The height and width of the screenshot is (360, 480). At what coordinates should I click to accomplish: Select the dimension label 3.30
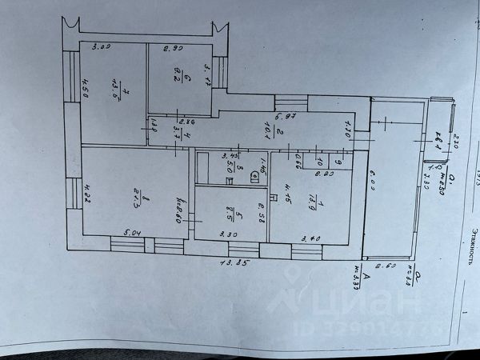pos(226,235)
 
